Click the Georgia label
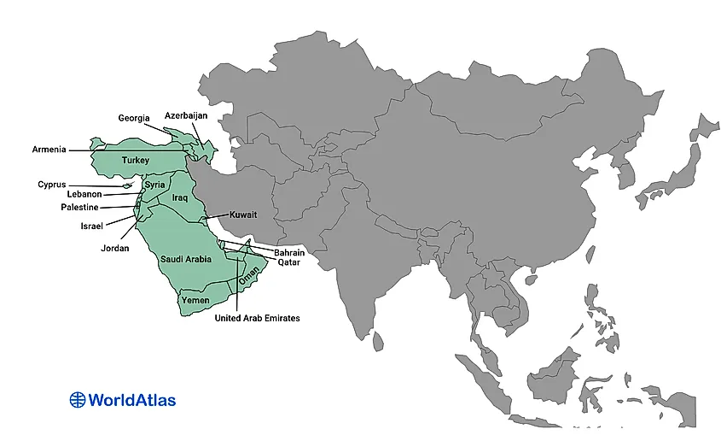pyautogui.click(x=134, y=118)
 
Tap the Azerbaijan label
pyautogui.click(x=186, y=115)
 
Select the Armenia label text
pyautogui.click(x=49, y=150)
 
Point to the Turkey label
pyautogui.click(x=136, y=161)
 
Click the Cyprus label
pyautogui.click(x=51, y=184)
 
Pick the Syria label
pyautogui.click(x=155, y=185)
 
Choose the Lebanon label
pyautogui.click(x=84, y=195)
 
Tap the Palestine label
pyautogui.click(x=79, y=208)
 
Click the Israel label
pyautogui.click(x=91, y=226)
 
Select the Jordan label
pyautogui.click(x=114, y=249)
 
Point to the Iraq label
pyautogui.click(x=179, y=197)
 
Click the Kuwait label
pyautogui.click(x=243, y=215)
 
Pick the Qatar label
pyautogui.click(x=288, y=263)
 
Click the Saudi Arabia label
pyautogui.click(x=186, y=259)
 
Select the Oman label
pyautogui.click(x=247, y=277)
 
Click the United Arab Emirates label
pyautogui.click(x=257, y=318)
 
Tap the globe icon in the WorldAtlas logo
pyautogui.click(x=78, y=399)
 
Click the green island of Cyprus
pyautogui.click(x=125, y=185)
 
